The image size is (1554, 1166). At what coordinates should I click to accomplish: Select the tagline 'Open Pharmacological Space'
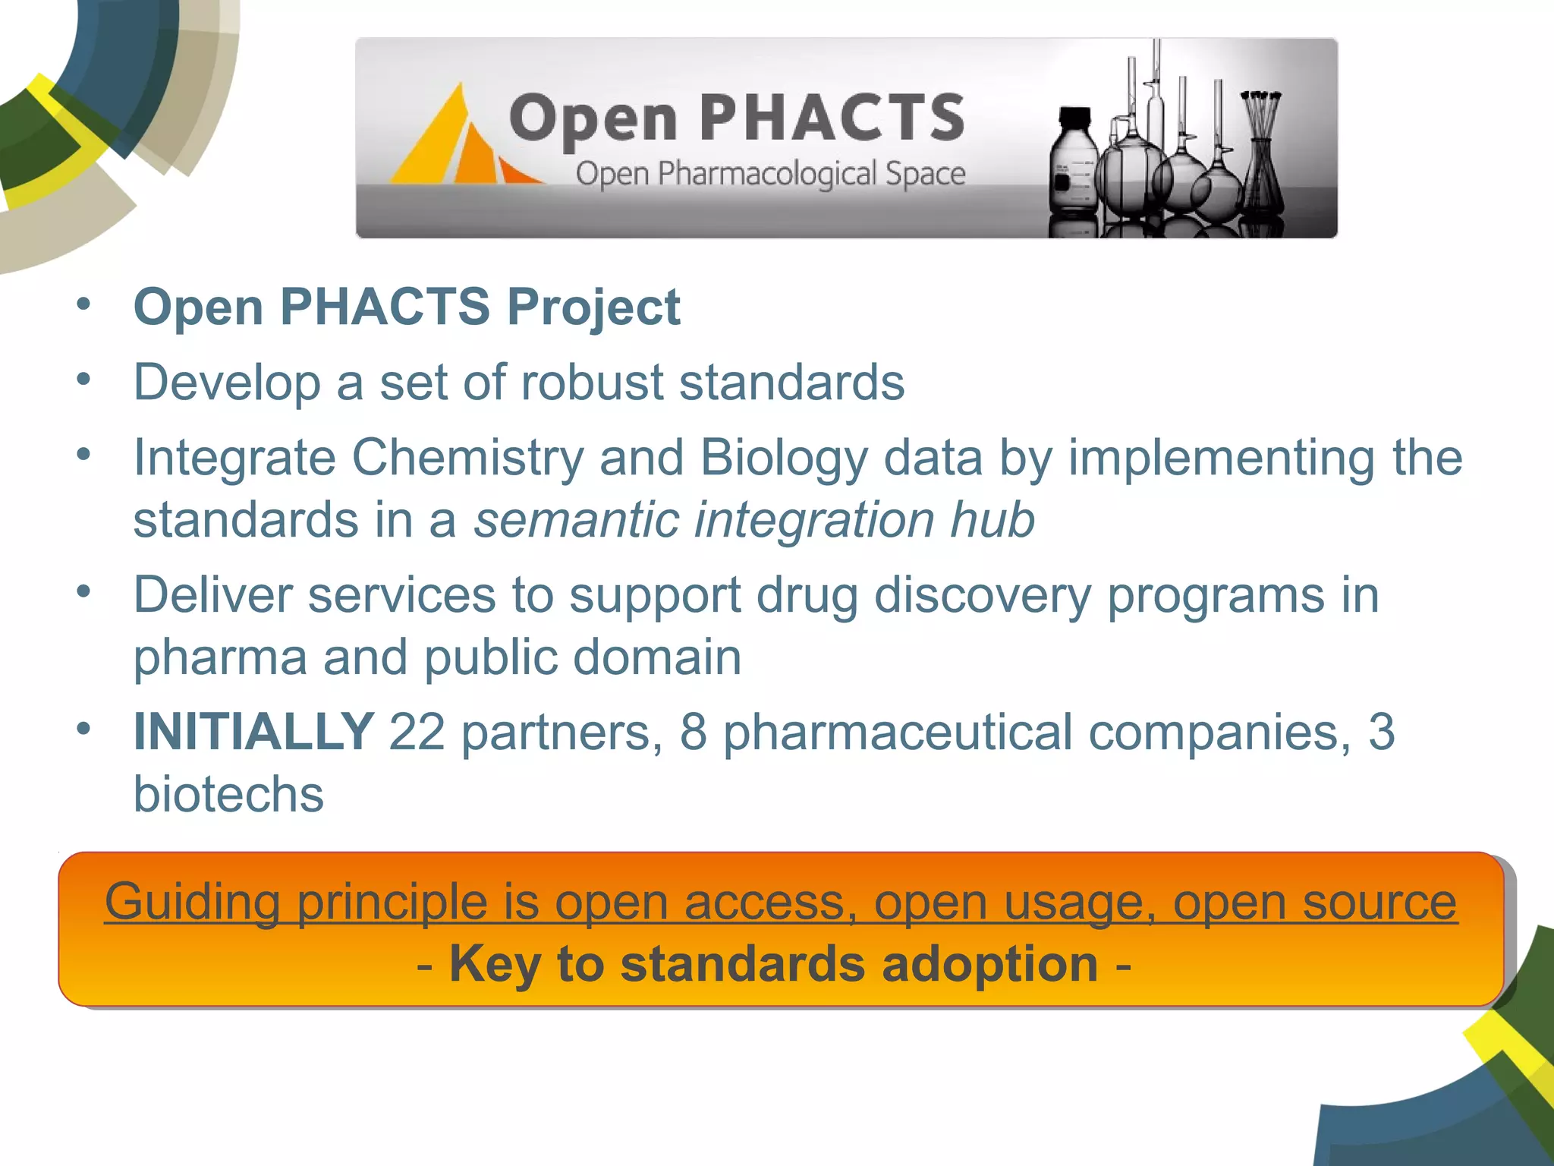pos(770,174)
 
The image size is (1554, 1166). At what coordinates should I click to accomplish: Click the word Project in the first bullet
pos(593,307)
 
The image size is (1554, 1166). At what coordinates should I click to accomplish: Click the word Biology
pos(783,458)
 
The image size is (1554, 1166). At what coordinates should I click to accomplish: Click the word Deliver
pos(213,594)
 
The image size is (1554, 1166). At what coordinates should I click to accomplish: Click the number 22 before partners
pos(417,732)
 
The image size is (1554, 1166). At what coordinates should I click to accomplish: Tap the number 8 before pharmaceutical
pos(694,732)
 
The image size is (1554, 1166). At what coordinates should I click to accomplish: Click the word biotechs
pos(228,794)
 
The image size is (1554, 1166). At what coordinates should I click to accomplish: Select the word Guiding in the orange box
pos(193,902)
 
